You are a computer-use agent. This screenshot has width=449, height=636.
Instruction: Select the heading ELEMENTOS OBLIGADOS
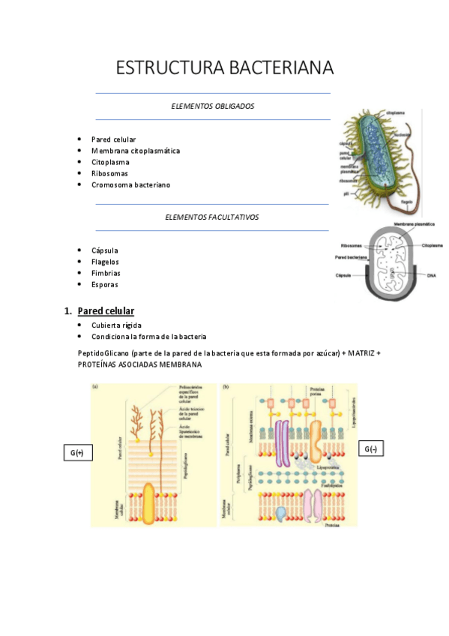point(213,106)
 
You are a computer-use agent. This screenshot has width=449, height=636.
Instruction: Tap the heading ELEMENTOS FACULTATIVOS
point(212,217)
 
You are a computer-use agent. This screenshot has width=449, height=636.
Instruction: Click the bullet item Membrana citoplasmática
point(135,151)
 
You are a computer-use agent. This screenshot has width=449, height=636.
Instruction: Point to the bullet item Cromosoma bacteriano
point(130,184)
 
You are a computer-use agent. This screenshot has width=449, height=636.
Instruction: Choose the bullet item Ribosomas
point(109,173)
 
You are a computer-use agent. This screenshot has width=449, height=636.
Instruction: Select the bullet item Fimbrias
point(106,273)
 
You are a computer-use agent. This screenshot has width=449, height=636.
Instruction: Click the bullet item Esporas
point(104,284)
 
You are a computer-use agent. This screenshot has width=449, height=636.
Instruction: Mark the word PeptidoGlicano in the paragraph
point(106,352)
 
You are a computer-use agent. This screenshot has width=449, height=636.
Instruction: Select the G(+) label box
point(76,453)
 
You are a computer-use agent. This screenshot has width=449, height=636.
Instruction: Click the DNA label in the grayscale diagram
point(431,275)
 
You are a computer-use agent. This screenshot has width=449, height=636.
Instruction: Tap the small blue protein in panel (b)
point(280,514)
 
